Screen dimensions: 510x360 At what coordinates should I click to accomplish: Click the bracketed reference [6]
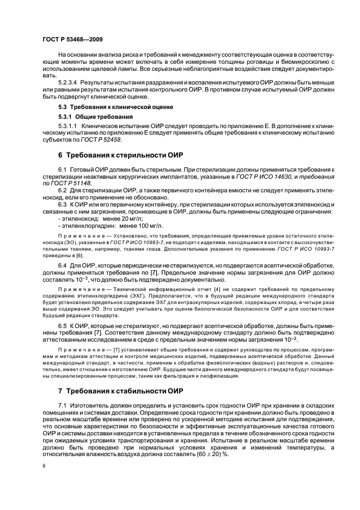coord(80,255)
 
